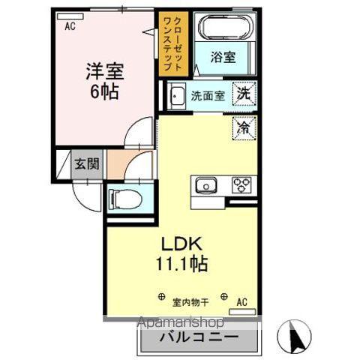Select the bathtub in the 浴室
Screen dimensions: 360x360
223,27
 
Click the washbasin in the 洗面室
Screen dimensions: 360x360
177,96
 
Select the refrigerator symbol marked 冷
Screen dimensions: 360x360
244,128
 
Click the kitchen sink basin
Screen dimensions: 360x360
206,184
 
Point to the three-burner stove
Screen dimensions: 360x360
242,184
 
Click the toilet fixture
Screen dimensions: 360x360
122,200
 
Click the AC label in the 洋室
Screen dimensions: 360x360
70,26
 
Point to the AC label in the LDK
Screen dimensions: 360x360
242,301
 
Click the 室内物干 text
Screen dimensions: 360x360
192,301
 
